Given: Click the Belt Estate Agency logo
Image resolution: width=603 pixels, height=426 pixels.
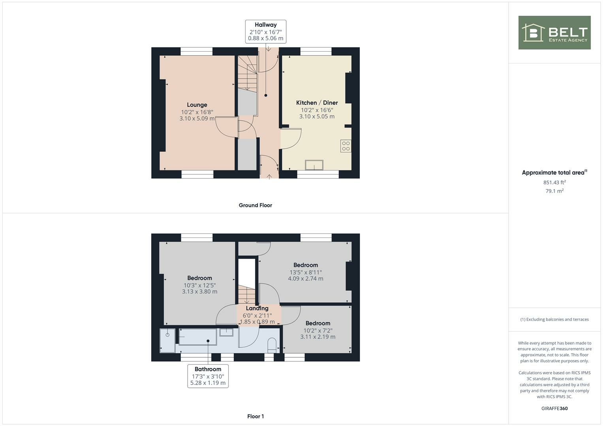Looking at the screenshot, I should [x=554, y=33].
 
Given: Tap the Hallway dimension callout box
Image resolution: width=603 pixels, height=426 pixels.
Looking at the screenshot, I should [x=265, y=32].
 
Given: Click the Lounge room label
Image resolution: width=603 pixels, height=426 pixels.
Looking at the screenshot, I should [x=197, y=105].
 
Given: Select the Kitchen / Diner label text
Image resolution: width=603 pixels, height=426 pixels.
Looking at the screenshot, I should [x=317, y=103].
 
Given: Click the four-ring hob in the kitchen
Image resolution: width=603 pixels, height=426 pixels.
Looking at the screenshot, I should [x=346, y=146].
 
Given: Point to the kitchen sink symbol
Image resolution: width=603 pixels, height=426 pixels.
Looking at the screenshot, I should [x=314, y=165].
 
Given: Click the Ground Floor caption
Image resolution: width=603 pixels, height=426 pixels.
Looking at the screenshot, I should [x=255, y=205].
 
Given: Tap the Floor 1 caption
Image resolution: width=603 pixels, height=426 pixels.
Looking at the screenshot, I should [x=255, y=416].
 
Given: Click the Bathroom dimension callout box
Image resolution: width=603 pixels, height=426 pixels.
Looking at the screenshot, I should [x=208, y=376].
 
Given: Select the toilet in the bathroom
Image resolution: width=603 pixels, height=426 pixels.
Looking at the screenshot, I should [x=272, y=345].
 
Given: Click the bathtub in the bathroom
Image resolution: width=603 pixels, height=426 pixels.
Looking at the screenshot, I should [x=197, y=337].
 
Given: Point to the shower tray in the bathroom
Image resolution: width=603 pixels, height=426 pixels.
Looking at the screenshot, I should [x=167, y=340].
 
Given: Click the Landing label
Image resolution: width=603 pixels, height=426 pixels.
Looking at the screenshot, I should [x=257, y=308].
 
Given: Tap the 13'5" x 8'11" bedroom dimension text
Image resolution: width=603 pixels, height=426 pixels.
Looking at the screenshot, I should [x=306, y=272].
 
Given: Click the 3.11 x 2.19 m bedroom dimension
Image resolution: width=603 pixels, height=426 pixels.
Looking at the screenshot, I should [x=317, y=337].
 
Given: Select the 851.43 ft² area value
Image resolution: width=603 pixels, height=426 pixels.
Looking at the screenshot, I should [x=554, y=182].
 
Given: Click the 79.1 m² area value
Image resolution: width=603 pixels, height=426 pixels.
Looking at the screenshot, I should [x=554, y=191].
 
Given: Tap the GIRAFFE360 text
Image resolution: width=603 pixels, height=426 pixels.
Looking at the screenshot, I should [x=554, y=408].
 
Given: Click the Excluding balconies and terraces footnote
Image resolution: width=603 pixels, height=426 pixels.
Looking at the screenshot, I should [x=554, y=319].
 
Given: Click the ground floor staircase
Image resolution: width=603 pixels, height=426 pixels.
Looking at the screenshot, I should [x=247, y=73].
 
